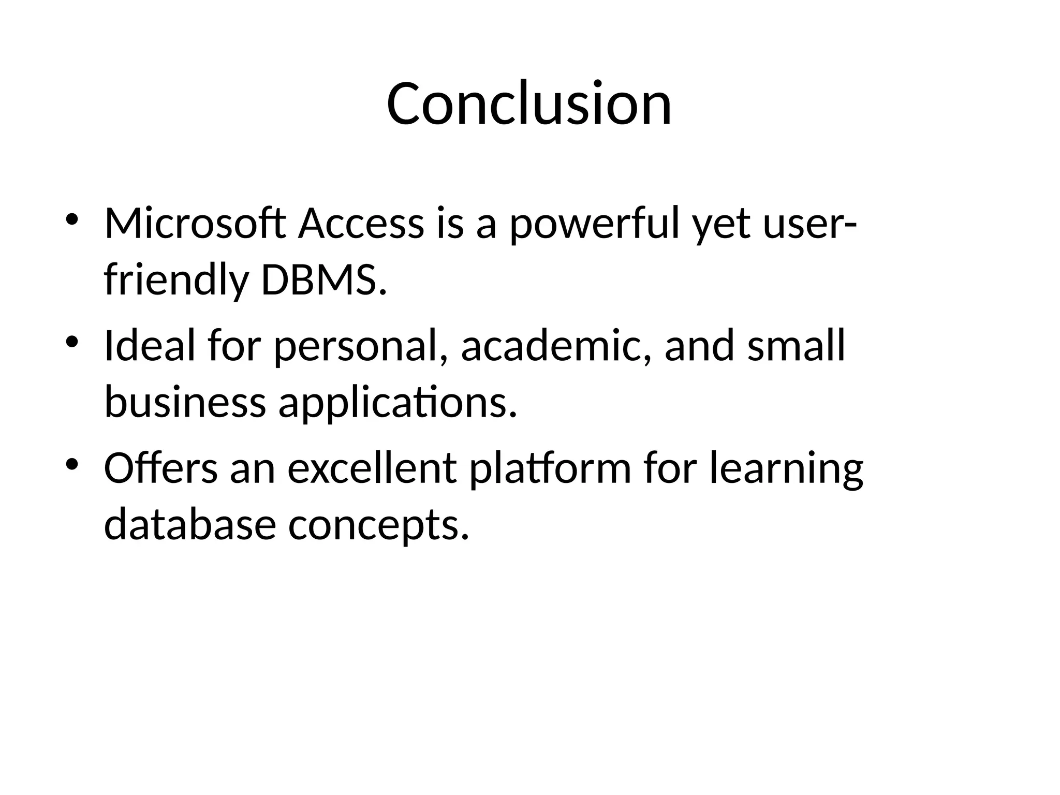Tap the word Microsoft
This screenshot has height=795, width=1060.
(x=195, y=224)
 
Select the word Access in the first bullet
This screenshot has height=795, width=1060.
(x=361, y=224)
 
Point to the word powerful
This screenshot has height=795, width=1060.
(x=594, y=224)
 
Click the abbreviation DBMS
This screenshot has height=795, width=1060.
(x=324, y=281)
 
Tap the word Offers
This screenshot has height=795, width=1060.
(x=161, y=468)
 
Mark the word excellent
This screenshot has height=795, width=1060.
(x=372, y=468)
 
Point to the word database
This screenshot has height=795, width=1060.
(x=189, y=525)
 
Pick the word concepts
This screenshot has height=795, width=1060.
(x=378, y=525)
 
